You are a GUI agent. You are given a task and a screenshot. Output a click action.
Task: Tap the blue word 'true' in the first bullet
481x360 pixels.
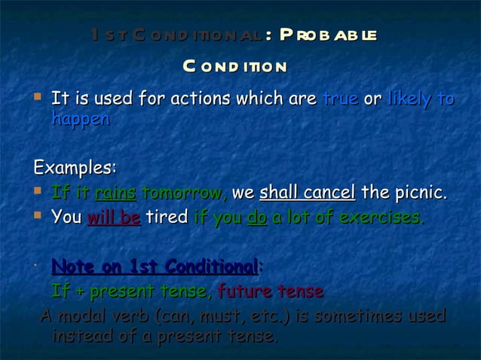[339, 99]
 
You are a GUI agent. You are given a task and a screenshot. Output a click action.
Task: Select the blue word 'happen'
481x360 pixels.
[81, 119]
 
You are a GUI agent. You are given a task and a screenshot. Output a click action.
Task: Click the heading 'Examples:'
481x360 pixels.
[75, 166]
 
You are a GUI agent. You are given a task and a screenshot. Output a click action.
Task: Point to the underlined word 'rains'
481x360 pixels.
[115, 193]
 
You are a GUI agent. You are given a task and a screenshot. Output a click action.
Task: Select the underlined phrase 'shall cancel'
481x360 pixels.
[307, 193]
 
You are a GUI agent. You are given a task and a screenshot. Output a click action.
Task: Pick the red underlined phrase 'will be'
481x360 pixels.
[114, 218]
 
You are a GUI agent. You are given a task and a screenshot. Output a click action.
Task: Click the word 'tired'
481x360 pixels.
[167, 218]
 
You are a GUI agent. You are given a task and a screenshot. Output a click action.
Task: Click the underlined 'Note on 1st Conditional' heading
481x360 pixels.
[155, 267]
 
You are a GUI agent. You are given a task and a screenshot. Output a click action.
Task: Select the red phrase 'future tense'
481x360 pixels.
[271, 291]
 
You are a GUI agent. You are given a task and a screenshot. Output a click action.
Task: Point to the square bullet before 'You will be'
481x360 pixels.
[38, 216]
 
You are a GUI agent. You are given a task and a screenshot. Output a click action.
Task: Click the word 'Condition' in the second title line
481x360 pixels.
[234, 66]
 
